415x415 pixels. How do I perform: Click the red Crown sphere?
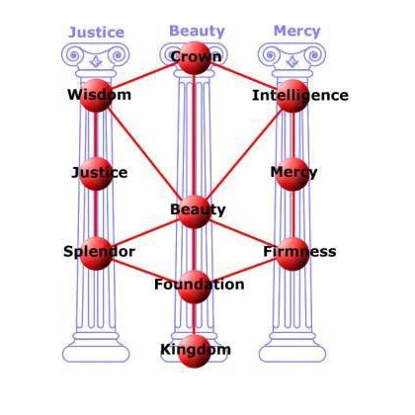(x=195, y=58)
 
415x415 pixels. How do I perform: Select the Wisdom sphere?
(x=96, y=96)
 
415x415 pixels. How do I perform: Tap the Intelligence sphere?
(x=292, y=96)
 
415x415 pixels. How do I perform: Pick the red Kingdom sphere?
(x=195, y=351)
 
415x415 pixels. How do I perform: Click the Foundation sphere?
(x=195, y=287)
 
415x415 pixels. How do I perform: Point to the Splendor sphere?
(x=96, y=254)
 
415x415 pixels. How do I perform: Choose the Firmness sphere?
(x=292, y=254)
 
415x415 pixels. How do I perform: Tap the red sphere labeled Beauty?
(x=195, y=211)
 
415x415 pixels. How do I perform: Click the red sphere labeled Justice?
(x=96, y=174)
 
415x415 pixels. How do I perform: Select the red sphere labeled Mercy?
(x=292, y=174)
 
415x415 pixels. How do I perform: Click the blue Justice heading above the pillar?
(x=97, y=33)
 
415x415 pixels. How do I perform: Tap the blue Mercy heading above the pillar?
(x=297, y=32)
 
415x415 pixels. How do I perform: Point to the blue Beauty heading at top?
(x=197, y=32)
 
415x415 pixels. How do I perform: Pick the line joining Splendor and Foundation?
(x=145, y=270)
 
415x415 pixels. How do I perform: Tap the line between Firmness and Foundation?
(x=243, y=270)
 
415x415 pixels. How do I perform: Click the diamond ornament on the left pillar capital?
(x=96, y=61)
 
